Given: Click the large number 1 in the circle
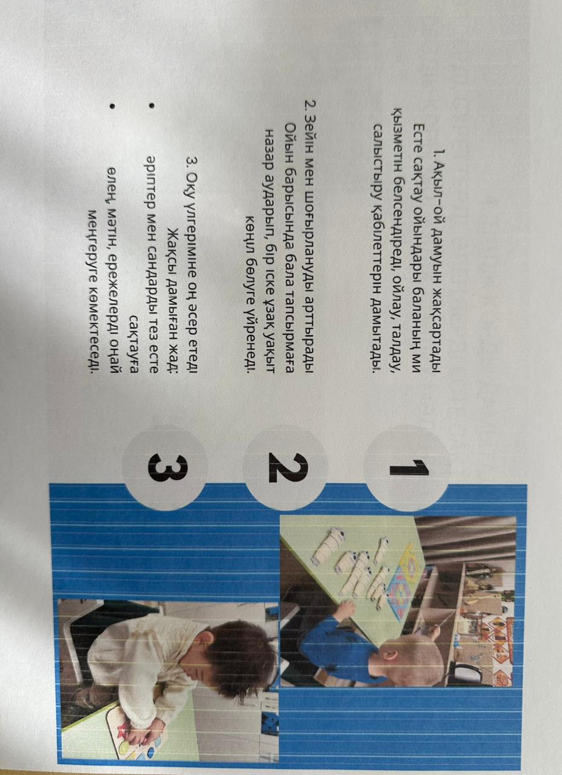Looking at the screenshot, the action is [x=409, y=468].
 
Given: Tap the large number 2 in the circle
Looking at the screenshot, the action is [x=288, y=468].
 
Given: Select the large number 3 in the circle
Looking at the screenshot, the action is [x=168, y=468].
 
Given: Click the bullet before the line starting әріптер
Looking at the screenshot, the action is [x=151, y=105].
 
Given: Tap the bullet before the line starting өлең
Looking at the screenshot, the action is [x=111, y=106].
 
